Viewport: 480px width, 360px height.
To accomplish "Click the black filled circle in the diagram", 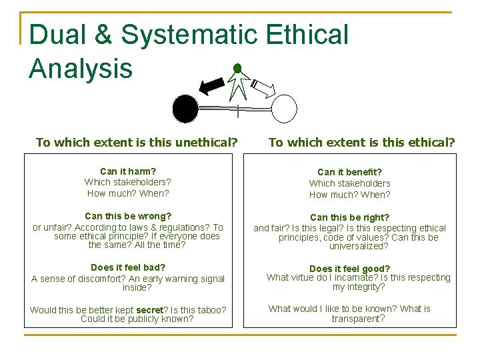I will (x=185, y=109).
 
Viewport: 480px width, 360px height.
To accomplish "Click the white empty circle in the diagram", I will (x=283, y=109).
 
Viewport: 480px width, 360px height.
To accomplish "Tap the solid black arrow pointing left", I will (x=213, y=85).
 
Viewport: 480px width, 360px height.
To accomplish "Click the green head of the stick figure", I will (x=237, y=69).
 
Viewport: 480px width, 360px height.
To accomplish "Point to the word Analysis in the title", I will (x=81, y=68).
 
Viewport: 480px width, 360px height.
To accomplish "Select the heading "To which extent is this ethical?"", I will (x=361, y=142).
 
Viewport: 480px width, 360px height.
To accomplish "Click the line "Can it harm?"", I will (x=128, y=171).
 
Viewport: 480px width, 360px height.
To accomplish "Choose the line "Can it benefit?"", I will (x=349, y=172).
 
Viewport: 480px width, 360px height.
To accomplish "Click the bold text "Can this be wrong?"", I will (x=128, y=216).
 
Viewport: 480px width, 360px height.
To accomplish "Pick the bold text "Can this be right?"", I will (x=349, y=217).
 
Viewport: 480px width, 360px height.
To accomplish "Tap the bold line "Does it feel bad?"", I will (x=128, y=267).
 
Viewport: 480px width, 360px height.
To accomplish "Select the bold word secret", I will (x=150, y=310).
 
